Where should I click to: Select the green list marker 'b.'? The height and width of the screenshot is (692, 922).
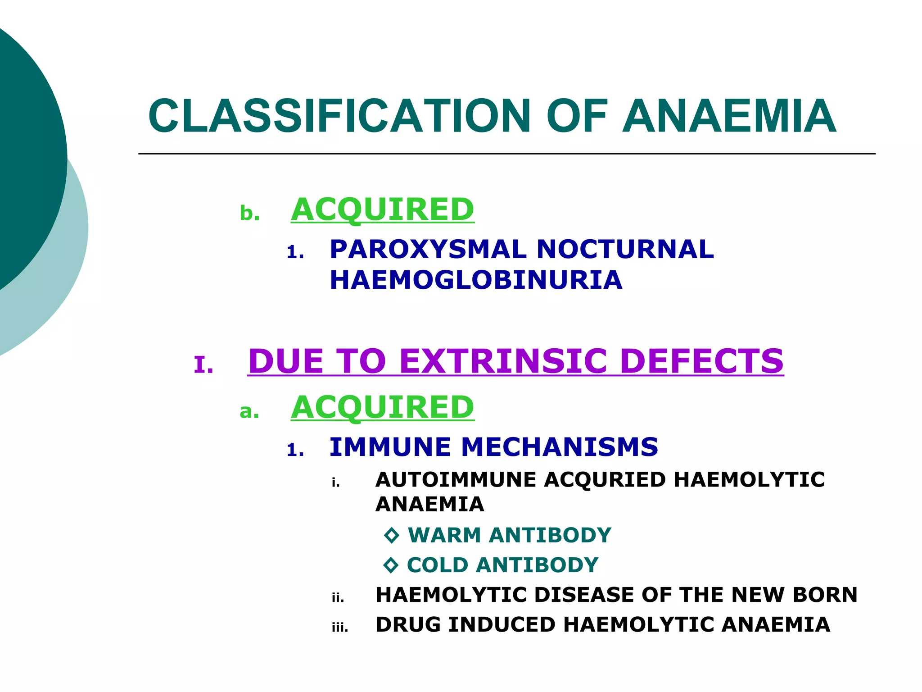pyautogui.click(x=250, y=213)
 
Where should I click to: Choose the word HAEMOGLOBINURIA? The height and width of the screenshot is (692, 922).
pyautogui.click(x=476, y=280)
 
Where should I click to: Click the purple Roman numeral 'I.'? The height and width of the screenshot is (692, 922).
pyautogui.click(x=203, y=364)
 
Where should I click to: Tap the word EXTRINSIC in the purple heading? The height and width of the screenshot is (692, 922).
pyautogui.click(x=503, y=361)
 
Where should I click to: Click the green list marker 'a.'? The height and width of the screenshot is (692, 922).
pyautogui.click(x=249, y=411)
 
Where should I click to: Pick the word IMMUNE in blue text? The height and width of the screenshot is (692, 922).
pyautogui.click(x=390, y=447)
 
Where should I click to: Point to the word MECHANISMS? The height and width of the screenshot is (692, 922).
pyautogui.click(x=560, y=447)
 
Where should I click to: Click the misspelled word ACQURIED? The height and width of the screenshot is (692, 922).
pyautogui.click(x=605, y=479)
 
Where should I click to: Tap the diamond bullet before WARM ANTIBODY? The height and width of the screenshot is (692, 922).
pyautogui.click(x=392, y=535)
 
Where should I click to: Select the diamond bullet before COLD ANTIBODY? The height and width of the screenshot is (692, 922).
pyautogui.click(x=391, y=565)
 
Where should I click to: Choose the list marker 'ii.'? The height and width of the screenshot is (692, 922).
pyautogui.click(x=338, y=598)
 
